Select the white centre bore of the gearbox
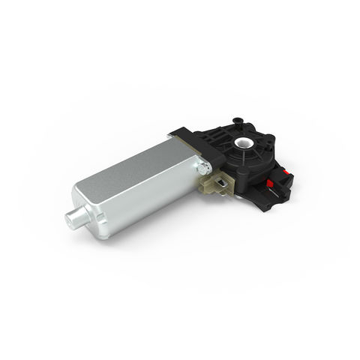click(x=244, y=142)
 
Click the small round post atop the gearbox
click(x=238, y=119)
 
